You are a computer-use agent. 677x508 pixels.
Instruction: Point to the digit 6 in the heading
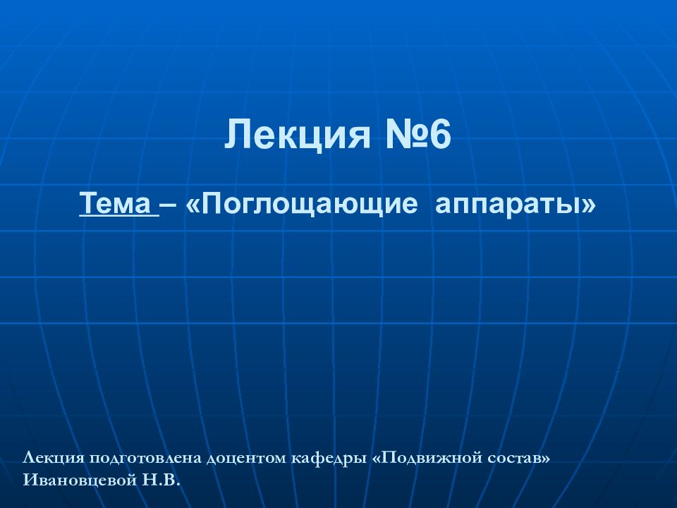coord(438,135)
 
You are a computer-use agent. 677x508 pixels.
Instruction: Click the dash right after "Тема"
coord(169,206)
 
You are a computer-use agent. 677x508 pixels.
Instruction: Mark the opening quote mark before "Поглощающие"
coord(193,206)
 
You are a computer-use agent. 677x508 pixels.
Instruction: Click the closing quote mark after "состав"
coord(546,459)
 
